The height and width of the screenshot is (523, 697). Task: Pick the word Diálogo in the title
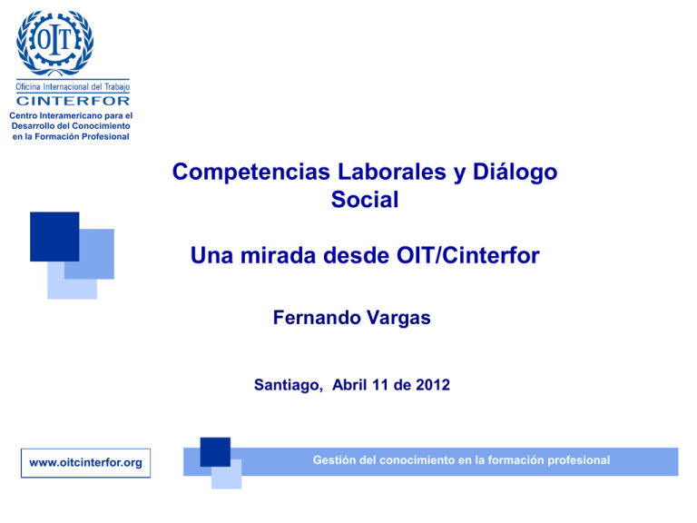tap(509, 172)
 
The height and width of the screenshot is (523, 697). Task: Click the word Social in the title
tap(366, 200)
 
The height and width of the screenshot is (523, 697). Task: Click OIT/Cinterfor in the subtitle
tap(462, 257)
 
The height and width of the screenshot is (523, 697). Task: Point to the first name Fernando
tap(314, 319)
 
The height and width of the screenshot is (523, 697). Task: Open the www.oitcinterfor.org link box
tap(85, 463)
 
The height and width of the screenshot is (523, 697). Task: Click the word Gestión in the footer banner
tap(334, 460)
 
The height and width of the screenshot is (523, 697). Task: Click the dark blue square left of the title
tap(54, 237)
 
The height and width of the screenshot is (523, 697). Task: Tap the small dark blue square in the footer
tap(215, 452)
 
